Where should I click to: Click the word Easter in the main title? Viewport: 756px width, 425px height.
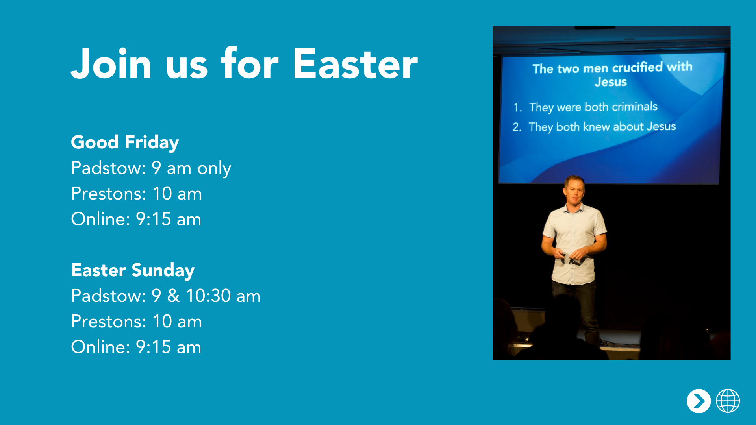click(x=355, y=64)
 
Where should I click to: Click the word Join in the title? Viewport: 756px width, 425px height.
click(x=111, y=64)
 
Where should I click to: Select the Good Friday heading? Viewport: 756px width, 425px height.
click(x=125, y=142)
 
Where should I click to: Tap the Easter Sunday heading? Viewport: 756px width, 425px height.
click(x=133, y=270)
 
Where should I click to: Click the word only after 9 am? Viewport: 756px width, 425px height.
click(x=214, y=168)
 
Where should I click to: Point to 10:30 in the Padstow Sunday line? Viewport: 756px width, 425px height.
click(x=208, y=296)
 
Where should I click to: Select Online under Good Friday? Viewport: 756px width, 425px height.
click(x=100, y=219)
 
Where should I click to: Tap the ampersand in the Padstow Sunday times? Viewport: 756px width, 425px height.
click(x=173, y=296)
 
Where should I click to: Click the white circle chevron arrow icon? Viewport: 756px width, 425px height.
click(x=699, y=401)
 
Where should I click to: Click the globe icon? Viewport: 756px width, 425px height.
click(x=728, y=401)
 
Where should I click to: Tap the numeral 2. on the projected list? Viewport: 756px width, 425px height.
click(x=517, y=127)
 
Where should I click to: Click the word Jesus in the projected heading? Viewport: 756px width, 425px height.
click(x=610, y=82)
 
